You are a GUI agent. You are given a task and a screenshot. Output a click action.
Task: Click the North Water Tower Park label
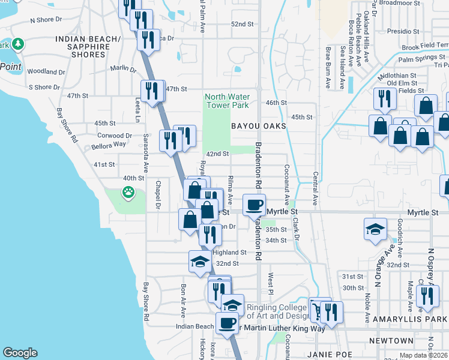[x=226, y=101]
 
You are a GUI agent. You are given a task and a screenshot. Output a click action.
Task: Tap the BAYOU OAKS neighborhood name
[x=256, y=126]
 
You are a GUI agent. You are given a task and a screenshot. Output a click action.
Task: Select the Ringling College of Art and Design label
[x=277, y=311]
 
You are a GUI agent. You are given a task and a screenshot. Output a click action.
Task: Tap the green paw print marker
[x=128, y=193]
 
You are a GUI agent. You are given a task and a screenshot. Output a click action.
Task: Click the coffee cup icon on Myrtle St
[x=254, y=205]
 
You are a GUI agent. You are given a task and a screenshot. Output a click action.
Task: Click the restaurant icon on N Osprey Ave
[x=427, y=296]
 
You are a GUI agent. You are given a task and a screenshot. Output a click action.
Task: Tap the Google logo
[x=20, y=353]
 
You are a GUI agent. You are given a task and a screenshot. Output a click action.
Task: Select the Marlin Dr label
[x=123, y=68]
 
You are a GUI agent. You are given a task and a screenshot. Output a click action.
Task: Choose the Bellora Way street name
[x=109, y=145]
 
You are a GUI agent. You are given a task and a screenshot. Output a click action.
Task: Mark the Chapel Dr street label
[x=158, y=196]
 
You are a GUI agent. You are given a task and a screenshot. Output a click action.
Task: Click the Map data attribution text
[x=423, y=356]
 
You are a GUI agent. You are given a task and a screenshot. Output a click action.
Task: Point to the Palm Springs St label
[x=421, y=59]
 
